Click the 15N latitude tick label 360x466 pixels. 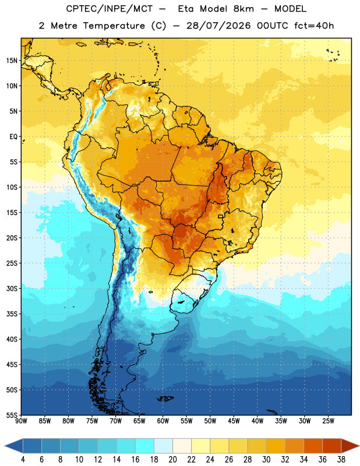[x=12, y=61]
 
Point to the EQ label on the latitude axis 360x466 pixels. [x=13, y=137]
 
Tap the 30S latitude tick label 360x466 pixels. [x=12, y=288]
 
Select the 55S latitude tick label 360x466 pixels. [x=12, y=415]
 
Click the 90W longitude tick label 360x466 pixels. [x=21, y=421]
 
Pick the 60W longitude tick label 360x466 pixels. [x=163, y=421]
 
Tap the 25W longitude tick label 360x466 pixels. [x=328, y=421]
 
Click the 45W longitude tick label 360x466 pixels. [x=234, y=421]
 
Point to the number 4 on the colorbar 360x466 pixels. [x=23, y=460]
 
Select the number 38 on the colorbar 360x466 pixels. [x=341, y=460]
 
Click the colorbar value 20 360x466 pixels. [x=172, y=460]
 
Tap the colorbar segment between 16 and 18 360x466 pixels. [x=145, y=446]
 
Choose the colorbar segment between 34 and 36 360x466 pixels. [x=313, y=446]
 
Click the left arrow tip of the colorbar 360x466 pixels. [x=5, y=446]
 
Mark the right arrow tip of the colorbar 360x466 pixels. [x=359, y=446]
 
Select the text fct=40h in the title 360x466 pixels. [x=314, y=26]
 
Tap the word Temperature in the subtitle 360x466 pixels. [x=114, y=26]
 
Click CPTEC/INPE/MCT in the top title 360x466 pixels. [x=109, y=9]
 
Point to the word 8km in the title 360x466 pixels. [x=244, y=9]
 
